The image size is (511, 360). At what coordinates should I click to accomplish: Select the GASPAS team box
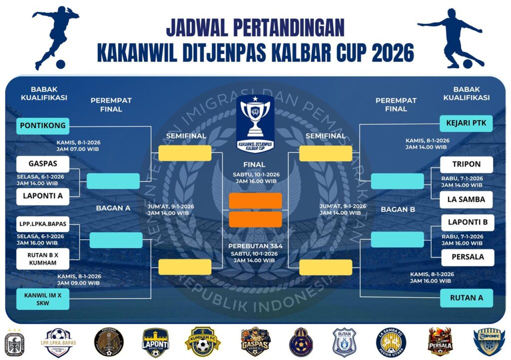click(x=42, y=164)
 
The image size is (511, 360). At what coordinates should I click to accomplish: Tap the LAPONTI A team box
click(x=42, y=196)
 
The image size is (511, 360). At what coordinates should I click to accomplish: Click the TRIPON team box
click(x=467, y=164)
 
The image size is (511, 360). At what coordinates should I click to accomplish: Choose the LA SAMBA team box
click(x=467, y=199)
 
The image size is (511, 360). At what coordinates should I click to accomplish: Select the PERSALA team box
click(x=467, y=258)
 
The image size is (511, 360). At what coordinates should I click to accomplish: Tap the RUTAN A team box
click(x=467, y=298)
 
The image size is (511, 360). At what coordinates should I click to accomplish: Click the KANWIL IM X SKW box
click(x=42, y=298)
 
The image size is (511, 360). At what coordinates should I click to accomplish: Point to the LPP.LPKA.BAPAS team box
click(x=42, y=224)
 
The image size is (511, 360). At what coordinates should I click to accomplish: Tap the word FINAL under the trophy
click(x=255, y=165)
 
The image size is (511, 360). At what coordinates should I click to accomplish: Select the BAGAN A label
click(x=113, y=208)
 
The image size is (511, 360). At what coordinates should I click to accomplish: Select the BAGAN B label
click(x=398, y=209)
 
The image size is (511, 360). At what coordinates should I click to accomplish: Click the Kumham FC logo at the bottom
click(x=203, y=342)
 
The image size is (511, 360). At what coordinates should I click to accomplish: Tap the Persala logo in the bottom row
click(x=441, y=342)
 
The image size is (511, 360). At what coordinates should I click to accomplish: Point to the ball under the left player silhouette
click(x=60, y=64)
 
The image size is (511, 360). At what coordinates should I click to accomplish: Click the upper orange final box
click(x=255, y=200)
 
